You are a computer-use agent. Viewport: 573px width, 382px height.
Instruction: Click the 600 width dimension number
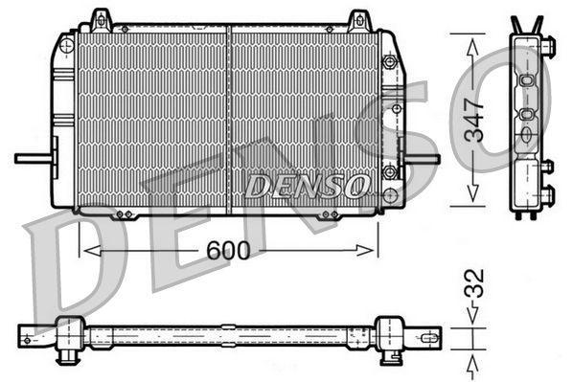click(x=227, y=250)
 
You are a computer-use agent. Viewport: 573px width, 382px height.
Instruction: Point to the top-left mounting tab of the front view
click(x=99, y=19)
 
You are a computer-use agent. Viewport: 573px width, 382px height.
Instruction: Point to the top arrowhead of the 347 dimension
click(x=470, y=41)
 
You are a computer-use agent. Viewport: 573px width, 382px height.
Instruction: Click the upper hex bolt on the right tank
click(x=389, y=62)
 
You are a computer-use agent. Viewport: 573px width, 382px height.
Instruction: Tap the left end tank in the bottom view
click(x=67, y=336)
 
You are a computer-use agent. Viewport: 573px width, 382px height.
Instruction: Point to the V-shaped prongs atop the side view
click(x=528, y=24)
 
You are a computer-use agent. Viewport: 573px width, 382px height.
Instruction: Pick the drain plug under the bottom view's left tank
click(x=68, y=358)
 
